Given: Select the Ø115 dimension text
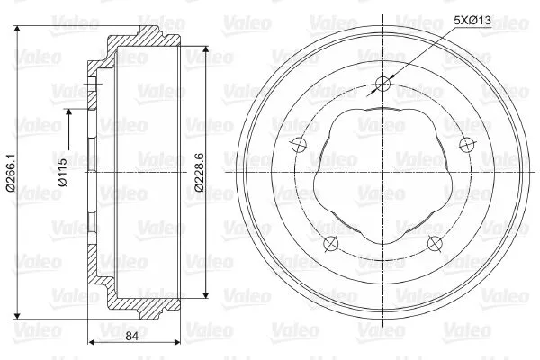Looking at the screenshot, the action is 63,172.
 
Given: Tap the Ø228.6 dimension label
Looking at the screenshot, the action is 200,172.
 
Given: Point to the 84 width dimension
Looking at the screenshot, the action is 132,336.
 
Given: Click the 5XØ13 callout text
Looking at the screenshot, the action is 472,21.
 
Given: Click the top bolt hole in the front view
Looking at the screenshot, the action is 383,84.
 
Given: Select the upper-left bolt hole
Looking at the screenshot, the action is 299,145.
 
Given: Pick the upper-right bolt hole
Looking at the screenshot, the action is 466,145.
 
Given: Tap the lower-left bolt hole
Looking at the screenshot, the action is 331,244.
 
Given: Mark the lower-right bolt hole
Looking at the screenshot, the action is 435,244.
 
